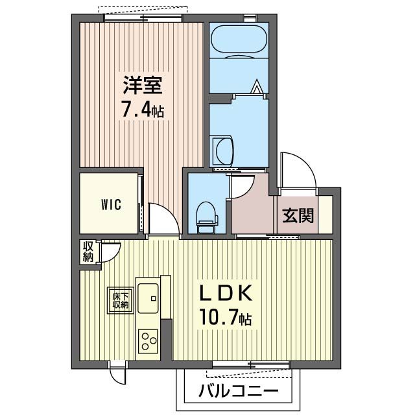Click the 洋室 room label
tap(143, 85)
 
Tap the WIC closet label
tap(111, 205)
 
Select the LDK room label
tap(225, 293)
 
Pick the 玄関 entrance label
tap(298, 215)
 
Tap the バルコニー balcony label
tap(239, 390)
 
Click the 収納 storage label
tap(88, 252)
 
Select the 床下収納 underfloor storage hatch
tap(121, 300)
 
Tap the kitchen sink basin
tap(148, 298)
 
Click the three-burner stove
tap(148, 342)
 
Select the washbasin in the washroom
tap(222, 151)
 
